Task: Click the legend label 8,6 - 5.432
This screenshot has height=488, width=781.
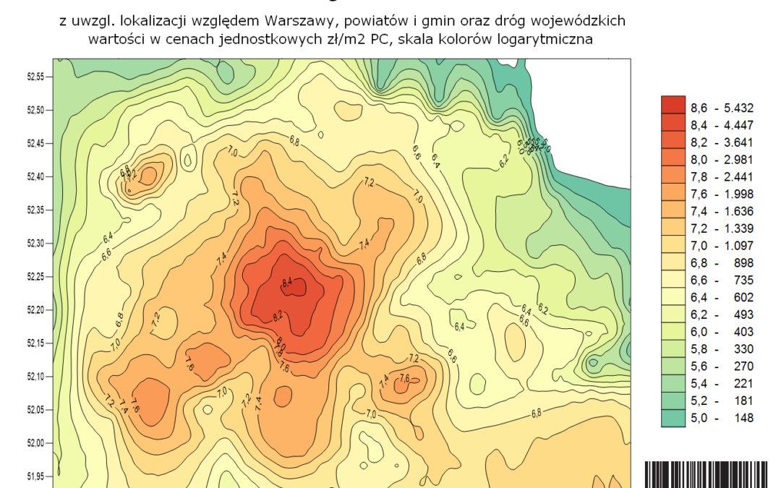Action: (722, 108)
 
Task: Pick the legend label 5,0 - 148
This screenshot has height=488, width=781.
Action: (722, 418)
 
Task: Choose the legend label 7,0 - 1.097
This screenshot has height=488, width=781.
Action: (722, 246)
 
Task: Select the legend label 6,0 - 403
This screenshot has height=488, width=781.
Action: (722, 332)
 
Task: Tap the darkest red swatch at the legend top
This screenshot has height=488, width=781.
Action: (673, 106)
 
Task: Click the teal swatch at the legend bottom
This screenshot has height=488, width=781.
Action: (673, 418)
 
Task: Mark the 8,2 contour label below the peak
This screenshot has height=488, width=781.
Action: (278, 315)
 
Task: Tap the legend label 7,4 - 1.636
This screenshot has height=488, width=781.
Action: (722, 211)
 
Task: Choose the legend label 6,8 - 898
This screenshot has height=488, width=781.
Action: (722, 262)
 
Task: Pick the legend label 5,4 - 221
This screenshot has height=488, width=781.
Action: (722, 383)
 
